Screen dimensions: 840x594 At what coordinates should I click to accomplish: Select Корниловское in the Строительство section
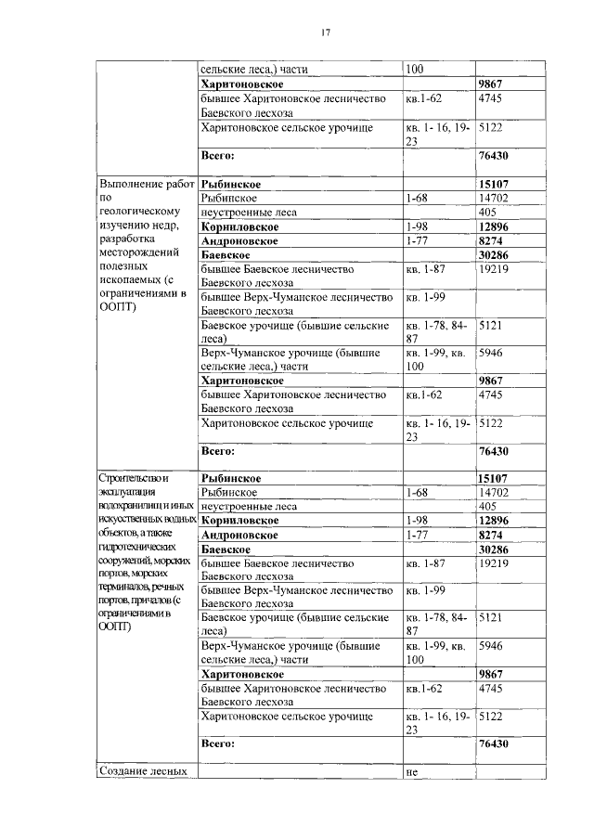click(239, 521)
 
